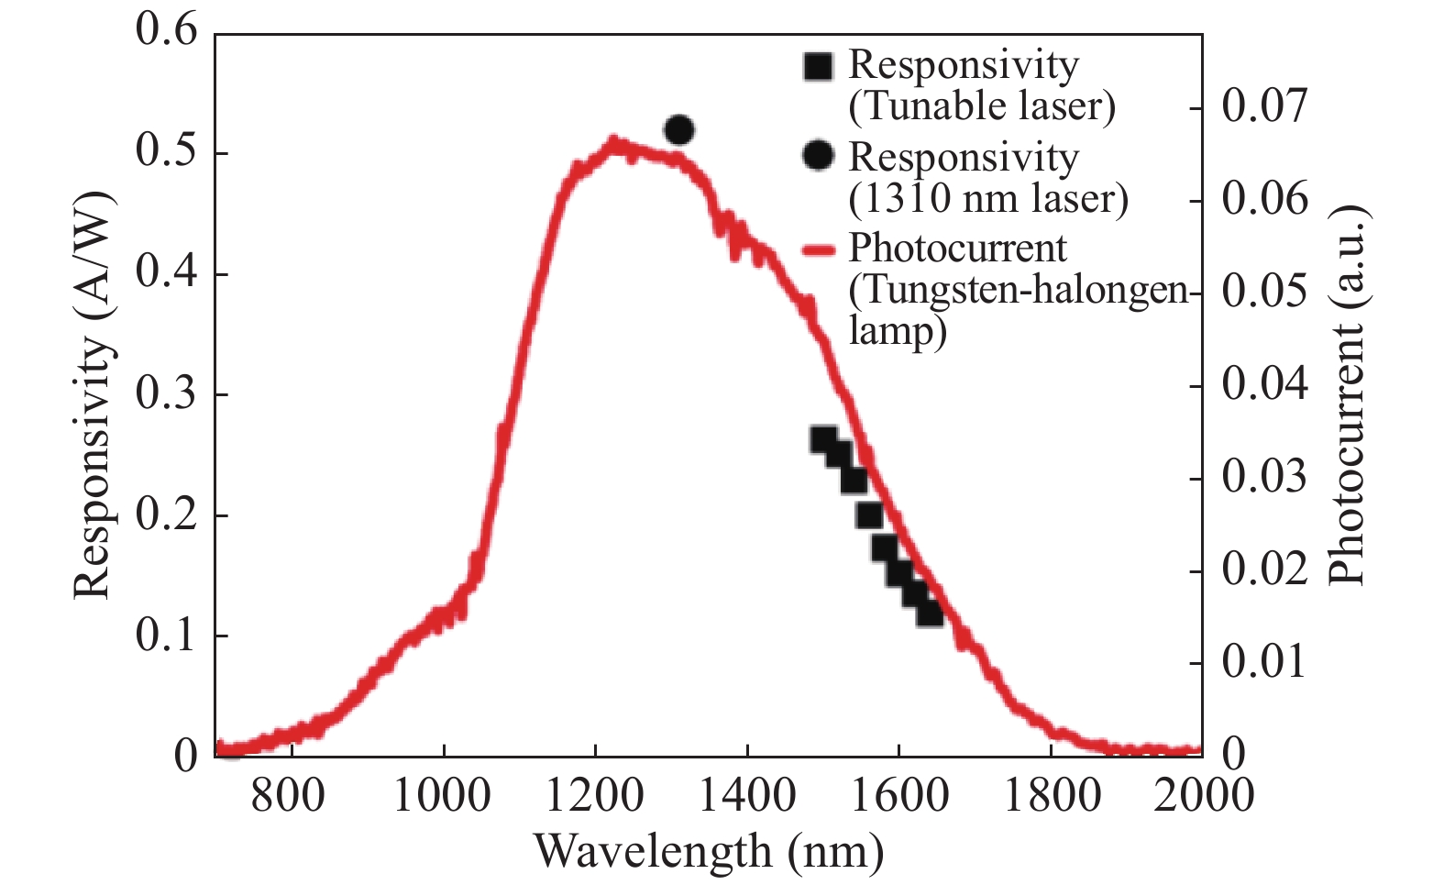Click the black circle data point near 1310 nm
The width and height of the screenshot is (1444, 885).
(679, 130)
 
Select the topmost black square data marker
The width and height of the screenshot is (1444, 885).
(824, 440)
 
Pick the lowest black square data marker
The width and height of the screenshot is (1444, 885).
(930, 613)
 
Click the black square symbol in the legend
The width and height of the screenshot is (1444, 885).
(818, 65)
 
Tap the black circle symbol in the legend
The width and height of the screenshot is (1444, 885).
(818, 156)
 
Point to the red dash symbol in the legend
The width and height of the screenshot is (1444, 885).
(818, 249)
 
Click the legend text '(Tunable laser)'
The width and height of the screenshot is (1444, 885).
(982, 106)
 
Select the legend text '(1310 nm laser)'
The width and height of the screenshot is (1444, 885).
(988, 198)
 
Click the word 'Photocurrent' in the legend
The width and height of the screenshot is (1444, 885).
(957, 249)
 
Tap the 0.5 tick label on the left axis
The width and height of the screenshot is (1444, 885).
(166, 152)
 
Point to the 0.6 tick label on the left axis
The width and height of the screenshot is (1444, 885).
(166, 31)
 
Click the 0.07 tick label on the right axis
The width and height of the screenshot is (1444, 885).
(1264, 106)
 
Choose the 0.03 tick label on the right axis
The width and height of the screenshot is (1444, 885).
(1264, 477)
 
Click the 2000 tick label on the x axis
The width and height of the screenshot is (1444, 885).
(1203, 795)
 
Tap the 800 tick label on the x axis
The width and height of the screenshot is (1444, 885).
(289, 795)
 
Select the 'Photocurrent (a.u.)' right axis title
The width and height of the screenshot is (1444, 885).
(1348, 394)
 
